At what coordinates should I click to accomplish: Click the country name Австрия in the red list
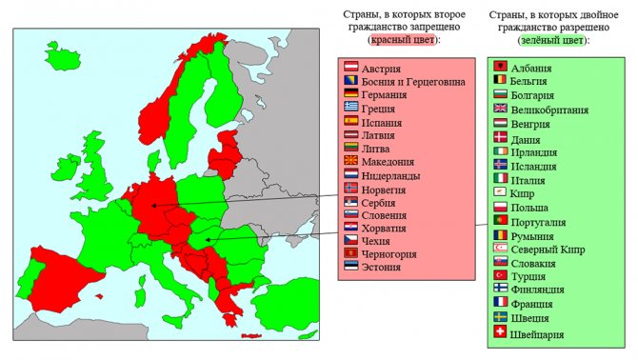click(382, 69)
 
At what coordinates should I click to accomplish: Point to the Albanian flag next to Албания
click(499, 68)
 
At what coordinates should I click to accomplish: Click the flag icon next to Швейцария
click(499, 332)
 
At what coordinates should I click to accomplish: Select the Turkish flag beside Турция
click(499, 274)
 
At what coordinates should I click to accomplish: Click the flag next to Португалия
click(499, 220)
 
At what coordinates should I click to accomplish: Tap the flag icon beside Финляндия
click(499, 288)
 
